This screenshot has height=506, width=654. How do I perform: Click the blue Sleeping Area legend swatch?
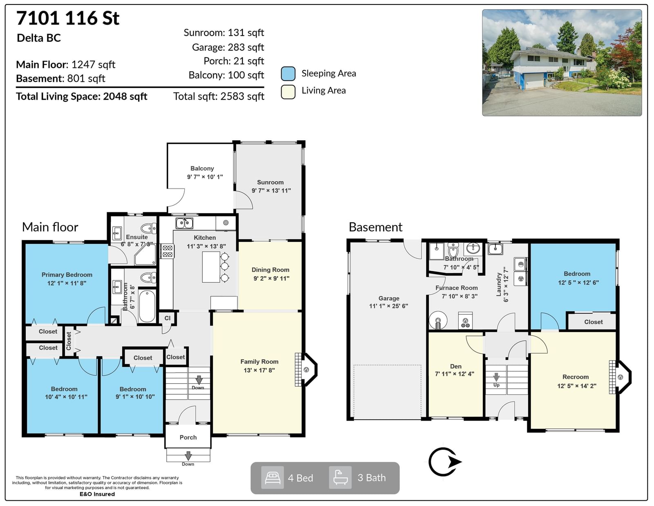[288, 74]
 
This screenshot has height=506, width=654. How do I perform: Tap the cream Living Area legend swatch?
[288, 92]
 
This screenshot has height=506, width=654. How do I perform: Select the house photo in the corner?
[562, 63]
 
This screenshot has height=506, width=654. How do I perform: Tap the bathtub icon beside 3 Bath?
[340, 477]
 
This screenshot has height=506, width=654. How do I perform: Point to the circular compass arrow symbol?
[445, 462]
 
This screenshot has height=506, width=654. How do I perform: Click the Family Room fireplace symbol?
[306, 369]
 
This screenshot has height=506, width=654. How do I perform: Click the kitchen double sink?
[184, 223]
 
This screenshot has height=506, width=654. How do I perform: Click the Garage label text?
[389, 298]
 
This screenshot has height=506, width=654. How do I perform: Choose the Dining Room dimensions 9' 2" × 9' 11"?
[271, 278]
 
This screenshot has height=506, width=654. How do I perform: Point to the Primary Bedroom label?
[67, 275]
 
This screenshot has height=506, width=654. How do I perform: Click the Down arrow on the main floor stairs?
[199, 380]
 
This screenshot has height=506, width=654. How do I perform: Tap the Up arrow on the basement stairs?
[496, 377]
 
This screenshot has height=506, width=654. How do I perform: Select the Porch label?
[188, 437]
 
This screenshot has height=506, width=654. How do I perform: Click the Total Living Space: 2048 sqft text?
[82, 97]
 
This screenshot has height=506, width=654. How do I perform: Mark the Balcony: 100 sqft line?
[226, 75]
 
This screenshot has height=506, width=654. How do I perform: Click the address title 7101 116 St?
[68, 18]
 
